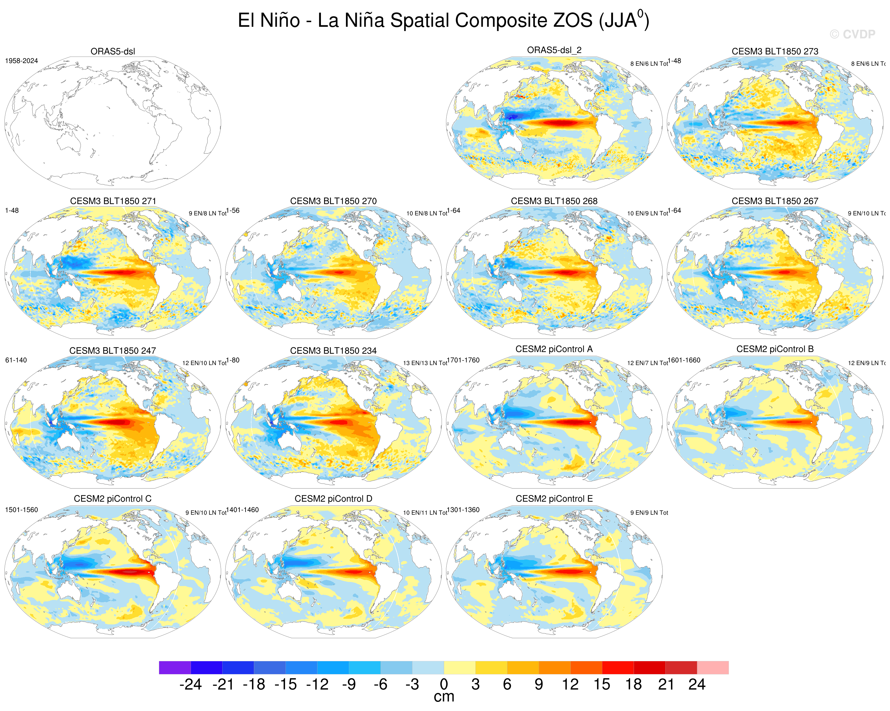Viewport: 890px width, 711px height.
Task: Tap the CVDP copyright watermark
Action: [x=852, y=34]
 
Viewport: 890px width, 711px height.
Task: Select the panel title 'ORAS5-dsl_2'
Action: [x=554, y=50]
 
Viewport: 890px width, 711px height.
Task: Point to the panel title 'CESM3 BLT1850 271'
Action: [x=113, y=201]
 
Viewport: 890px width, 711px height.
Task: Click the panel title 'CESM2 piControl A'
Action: [x=554, y=349]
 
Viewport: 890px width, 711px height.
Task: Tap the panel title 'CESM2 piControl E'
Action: [x=554, y=499]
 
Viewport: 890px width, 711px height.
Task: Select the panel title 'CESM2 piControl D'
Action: [x=333, y=499]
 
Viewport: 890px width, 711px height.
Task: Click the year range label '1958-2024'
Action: [x=21, y=61]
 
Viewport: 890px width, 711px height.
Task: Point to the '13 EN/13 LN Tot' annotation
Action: [x=425, y=363]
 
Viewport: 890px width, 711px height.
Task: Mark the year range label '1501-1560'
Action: [x=21, y=510]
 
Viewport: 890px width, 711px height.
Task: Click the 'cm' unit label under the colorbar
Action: [x=444, y=697]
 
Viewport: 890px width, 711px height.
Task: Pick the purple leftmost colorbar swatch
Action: [x=175, y=668]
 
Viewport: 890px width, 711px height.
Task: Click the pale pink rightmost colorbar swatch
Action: [x=712, y=668]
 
